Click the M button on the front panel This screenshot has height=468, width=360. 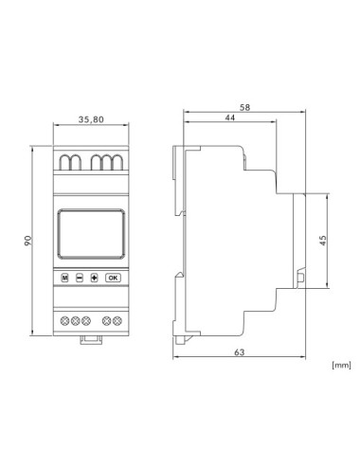64,278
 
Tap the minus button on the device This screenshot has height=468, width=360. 80,278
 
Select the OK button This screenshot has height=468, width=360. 113,278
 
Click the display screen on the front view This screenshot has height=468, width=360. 91,234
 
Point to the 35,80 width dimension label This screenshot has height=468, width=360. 91,119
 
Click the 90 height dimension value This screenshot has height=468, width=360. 28,241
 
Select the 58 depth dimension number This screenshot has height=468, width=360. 244,108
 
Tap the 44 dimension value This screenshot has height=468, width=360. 230,117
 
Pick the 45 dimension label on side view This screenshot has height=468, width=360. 323,241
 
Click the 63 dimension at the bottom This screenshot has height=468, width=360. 240,352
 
